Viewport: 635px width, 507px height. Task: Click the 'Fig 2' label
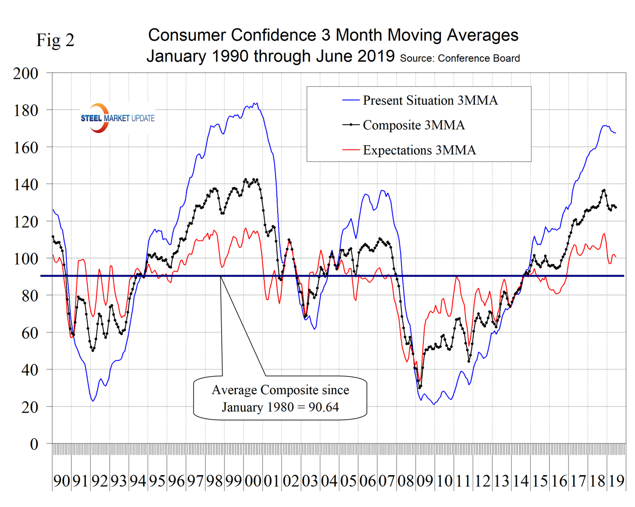[56, 40]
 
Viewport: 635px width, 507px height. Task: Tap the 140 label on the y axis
[26, 184]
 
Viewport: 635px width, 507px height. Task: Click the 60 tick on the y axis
[29, 333]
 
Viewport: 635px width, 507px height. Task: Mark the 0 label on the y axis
[34, 444]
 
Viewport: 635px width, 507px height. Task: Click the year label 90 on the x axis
[62, 481]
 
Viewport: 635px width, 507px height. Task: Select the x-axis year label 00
[253, 481]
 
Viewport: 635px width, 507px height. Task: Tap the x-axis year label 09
[425, 481]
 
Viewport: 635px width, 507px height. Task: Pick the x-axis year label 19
[616, 481]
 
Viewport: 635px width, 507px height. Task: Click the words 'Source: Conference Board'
[460, 58]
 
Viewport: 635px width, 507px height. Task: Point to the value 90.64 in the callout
[323, 407]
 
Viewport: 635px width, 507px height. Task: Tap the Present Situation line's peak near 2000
[256, 103]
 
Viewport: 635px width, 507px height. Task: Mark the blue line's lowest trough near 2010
[434, 405]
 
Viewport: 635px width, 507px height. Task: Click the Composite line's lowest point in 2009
[420, 387]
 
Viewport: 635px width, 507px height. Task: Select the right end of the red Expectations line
[616, 257]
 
